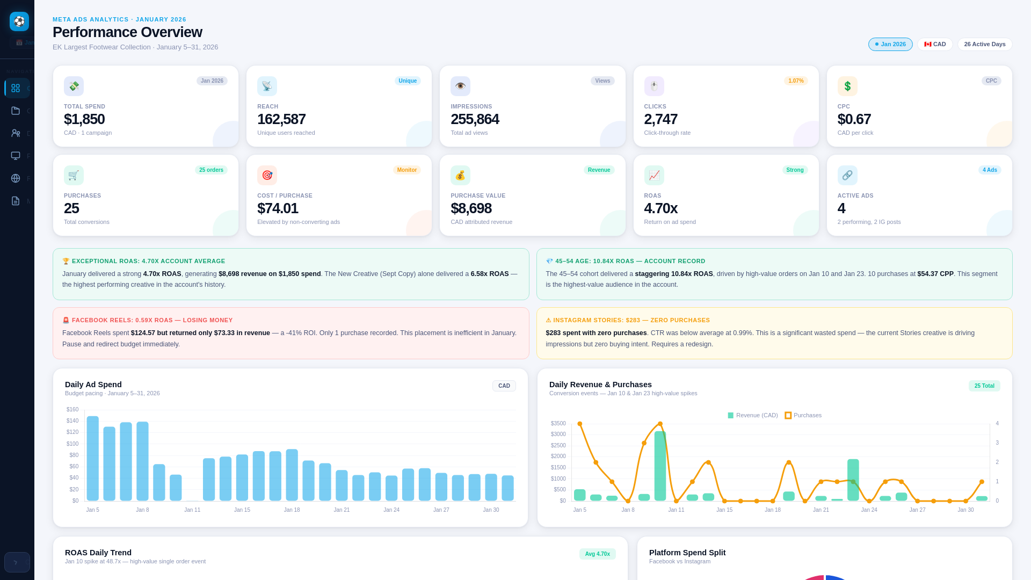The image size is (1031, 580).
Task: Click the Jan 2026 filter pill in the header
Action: [890, 45]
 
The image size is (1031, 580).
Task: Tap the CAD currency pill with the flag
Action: [935, 45]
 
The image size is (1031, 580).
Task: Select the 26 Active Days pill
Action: [984, 45]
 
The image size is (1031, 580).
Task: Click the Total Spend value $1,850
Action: [84, 119]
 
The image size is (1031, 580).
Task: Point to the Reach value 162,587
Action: [281, 119]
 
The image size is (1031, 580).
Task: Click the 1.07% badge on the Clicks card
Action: [796, 81]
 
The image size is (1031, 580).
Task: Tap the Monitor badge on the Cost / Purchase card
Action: [406, 170]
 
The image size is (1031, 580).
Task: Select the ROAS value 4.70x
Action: [660, 208]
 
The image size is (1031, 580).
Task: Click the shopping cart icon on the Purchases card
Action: [74, 176]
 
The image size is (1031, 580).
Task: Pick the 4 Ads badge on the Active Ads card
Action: [990, 170]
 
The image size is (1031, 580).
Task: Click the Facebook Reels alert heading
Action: [148, 320]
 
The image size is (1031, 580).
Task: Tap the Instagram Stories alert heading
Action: [628, 320]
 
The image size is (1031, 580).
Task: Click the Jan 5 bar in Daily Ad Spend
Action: [93, 459]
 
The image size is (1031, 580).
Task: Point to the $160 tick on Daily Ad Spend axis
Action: [72, 410]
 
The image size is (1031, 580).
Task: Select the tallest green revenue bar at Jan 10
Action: [660, 466]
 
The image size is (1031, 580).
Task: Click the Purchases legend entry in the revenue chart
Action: [803, 416]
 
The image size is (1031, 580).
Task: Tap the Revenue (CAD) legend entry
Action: [753, 416]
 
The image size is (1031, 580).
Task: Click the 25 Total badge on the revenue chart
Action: [984, 386]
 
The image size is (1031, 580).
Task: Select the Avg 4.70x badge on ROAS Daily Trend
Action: [597, 554]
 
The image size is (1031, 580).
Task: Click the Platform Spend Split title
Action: [687, 553]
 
